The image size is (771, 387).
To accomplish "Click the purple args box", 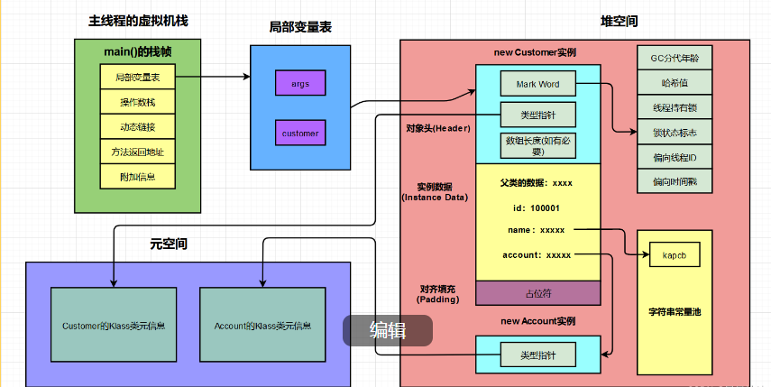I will coord(300,84).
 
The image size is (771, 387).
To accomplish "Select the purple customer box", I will coord(300,134).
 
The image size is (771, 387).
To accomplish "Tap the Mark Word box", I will coord(537,84).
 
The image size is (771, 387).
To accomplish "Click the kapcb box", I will coord(674,256).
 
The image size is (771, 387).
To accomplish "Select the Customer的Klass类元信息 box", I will coord(113,326).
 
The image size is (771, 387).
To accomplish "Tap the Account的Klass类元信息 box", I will coord(262,326).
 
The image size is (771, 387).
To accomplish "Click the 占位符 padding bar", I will coord(537,293).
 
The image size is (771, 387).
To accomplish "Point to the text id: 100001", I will coord(537,207).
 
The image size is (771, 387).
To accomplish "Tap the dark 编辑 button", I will coord(388,331).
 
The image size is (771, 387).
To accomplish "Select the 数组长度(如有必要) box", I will coord(537,145).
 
